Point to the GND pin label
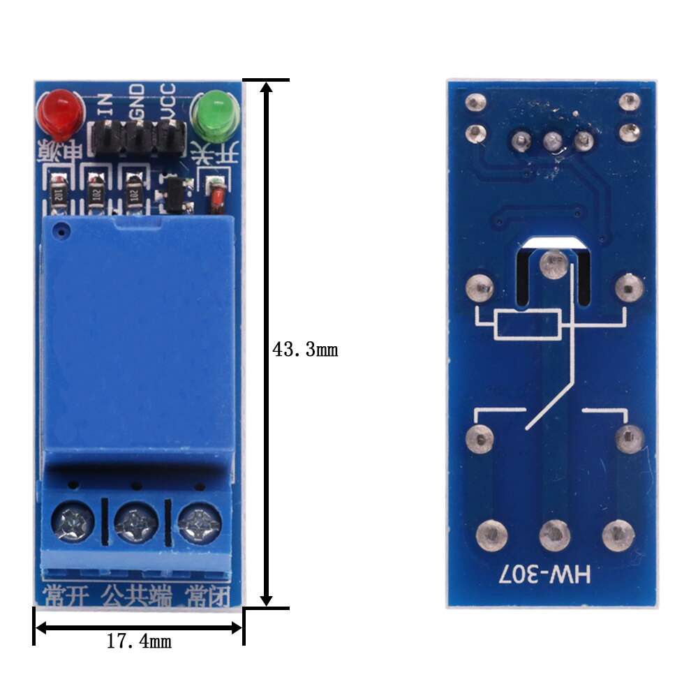click(137, 100)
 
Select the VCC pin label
click(168, 100)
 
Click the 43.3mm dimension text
click(304, 350)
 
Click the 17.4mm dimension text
click(139, 641)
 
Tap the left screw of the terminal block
click(73, 519)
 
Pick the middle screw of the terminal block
click(135, 519)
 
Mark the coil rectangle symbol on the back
click(527, 325)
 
